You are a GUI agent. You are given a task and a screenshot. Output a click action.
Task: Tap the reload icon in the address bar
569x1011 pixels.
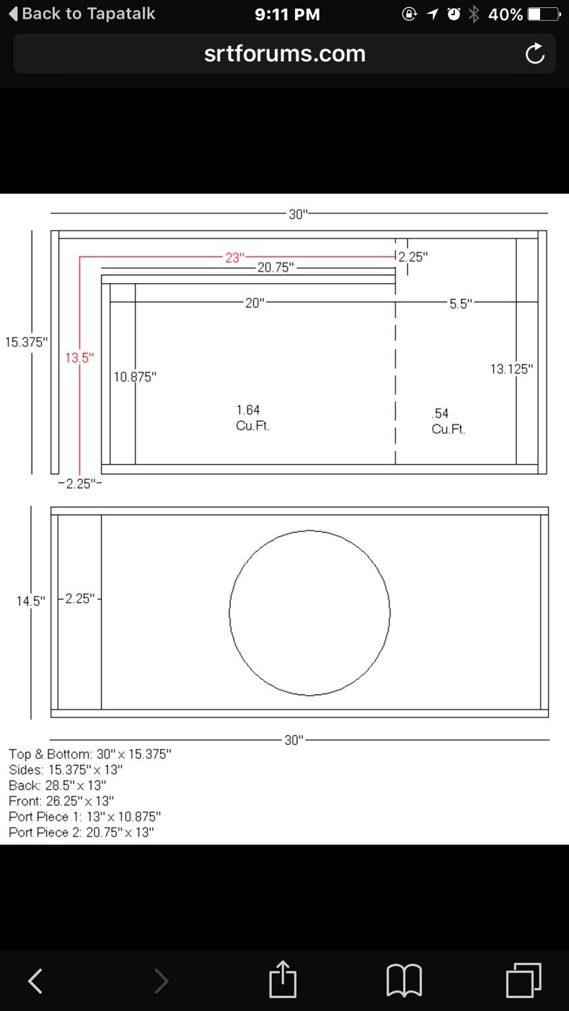click(535, 53)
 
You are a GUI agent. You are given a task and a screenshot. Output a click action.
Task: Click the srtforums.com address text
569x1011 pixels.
click(284, 54)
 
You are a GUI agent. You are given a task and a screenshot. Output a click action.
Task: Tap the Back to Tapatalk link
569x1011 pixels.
click(82, 14)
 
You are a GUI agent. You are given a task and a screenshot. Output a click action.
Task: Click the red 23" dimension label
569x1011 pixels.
click(235, 257)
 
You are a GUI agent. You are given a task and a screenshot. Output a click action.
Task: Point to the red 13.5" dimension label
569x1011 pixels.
click(80, 358)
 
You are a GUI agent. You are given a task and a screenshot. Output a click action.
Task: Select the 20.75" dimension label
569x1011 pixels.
click(275, 267)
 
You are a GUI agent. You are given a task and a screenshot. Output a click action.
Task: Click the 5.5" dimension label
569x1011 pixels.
click(460, 303)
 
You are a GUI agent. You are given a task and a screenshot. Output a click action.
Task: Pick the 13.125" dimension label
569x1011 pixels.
click(512, 369)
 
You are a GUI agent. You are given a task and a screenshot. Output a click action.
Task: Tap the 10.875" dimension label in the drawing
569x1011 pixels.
click(135, 376)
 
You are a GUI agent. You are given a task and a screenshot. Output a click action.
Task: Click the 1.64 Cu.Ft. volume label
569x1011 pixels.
click(252, 417)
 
